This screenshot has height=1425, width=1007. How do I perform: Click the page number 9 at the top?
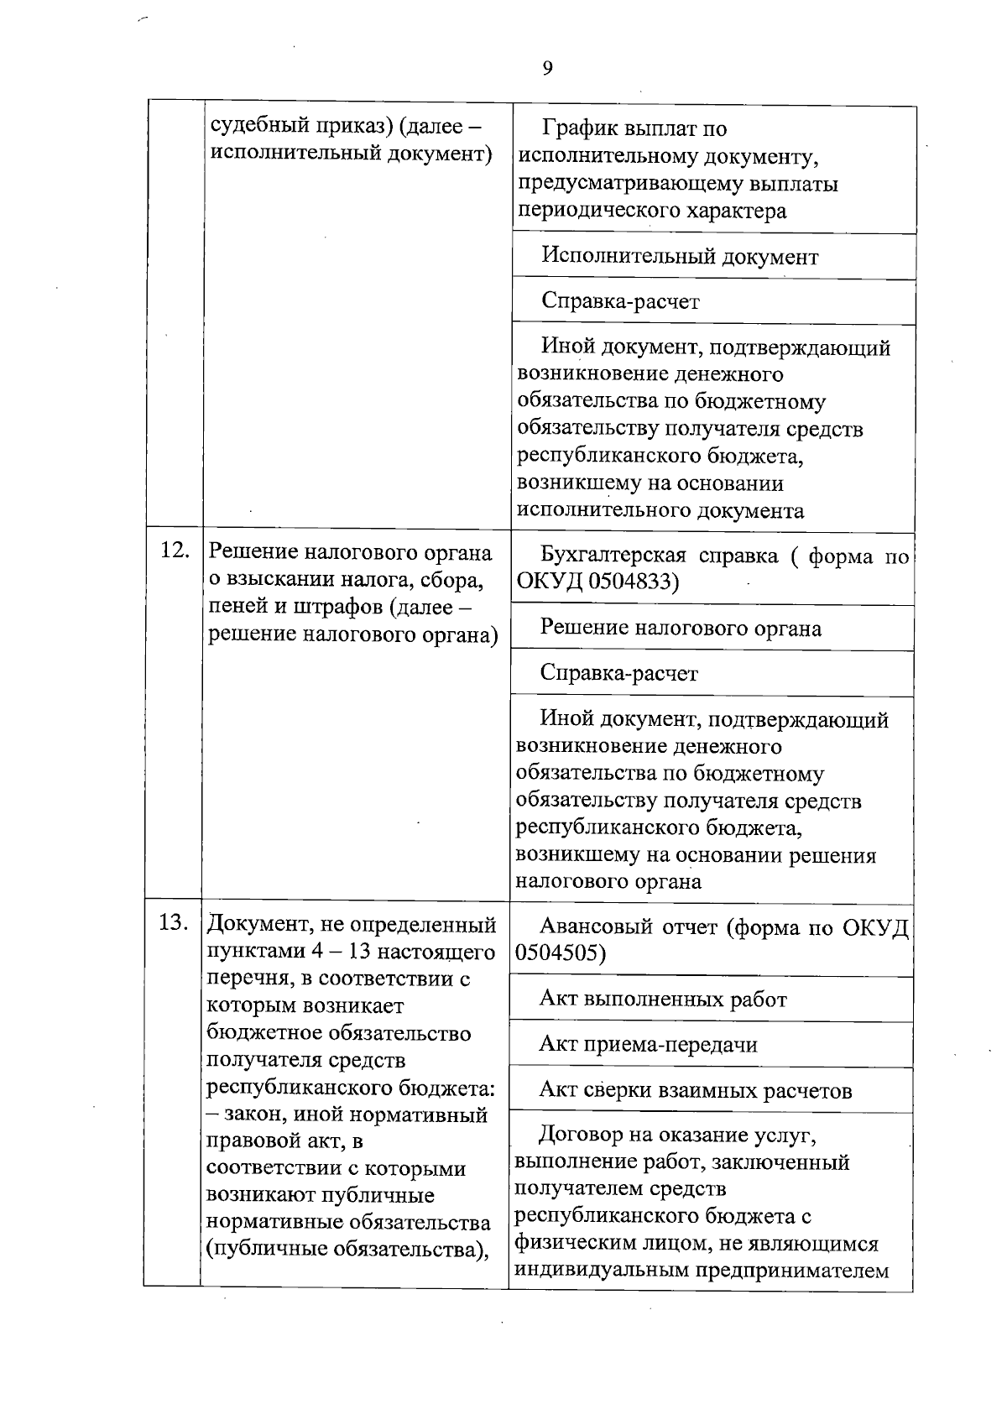[x=547, y=69]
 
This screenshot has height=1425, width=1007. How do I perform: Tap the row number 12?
[x=174, y=551]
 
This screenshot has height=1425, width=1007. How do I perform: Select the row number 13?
[x=173, y=922]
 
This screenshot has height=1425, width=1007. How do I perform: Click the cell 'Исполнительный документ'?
[x=679, y=256]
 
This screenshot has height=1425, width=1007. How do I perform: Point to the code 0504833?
[x=622, y=582]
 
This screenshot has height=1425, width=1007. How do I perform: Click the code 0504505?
[x=555, y=953]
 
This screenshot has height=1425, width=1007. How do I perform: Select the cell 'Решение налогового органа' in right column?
[x=681, y=628]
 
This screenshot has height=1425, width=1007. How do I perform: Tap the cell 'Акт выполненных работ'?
[x=663, y=999]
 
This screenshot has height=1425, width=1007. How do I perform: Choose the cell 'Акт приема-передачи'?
[x=648, y=1044]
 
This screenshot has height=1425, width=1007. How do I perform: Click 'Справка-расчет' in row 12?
[x=619, y=673]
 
